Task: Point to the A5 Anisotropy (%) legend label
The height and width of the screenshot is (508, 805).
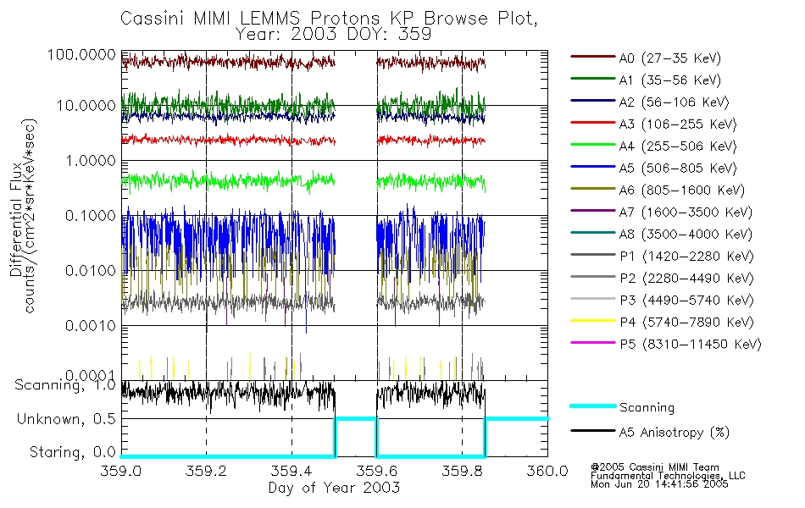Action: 673,433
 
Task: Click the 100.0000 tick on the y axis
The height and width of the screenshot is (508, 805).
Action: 83,55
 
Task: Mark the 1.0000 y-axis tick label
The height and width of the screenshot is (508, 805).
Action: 87,160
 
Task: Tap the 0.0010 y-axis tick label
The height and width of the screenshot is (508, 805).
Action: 87,325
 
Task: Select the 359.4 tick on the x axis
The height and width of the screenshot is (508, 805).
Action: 291,472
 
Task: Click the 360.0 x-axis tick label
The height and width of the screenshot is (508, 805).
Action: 547,472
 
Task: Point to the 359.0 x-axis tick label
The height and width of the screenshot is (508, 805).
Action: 122,472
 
